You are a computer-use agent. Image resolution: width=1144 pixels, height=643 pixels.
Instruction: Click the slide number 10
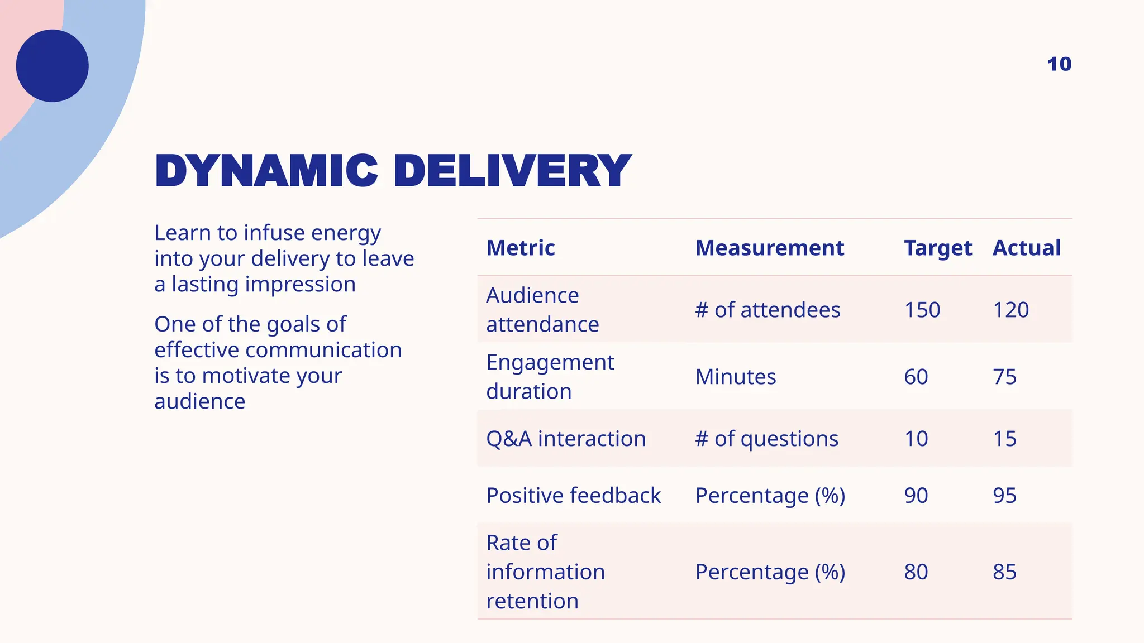click(x=1059, y=64)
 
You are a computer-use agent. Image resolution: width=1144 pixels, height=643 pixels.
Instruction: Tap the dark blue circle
click(x=53, y=66)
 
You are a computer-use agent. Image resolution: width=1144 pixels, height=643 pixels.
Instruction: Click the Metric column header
click(x=521, y=248)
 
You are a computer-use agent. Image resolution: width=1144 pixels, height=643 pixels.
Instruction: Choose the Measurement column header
click(x=769, y=248)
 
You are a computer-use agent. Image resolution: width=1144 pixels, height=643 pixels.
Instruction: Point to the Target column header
click(x=938, y=248)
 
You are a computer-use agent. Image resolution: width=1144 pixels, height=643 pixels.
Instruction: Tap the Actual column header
click(x=1027, y=248)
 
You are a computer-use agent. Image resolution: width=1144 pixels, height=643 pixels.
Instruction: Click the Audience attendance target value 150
click(x=922, y=310)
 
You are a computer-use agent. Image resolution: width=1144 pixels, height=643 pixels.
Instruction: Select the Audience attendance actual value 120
click(x=1010, y=310)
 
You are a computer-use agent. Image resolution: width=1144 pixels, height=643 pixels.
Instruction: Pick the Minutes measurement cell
click(x=736, y=377)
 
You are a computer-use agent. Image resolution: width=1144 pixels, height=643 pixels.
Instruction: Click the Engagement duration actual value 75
click(x=1004, y=377)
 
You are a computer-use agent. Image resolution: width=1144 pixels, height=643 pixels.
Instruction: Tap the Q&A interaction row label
click(x=566, y=439)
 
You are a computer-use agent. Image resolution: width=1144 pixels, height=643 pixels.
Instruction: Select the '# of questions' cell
click(x=766, y=439)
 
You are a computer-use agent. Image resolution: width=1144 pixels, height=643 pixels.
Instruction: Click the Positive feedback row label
click(x=574, y=496)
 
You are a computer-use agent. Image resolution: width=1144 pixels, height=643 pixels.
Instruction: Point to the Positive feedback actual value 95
click(x=1004, y=496)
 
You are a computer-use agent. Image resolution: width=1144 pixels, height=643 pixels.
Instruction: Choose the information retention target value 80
click(x=916, y=572)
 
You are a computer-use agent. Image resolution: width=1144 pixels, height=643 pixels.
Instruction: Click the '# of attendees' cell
click(x=768, y=310)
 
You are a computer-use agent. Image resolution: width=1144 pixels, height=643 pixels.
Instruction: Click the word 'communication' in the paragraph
click(x=323, y=350)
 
